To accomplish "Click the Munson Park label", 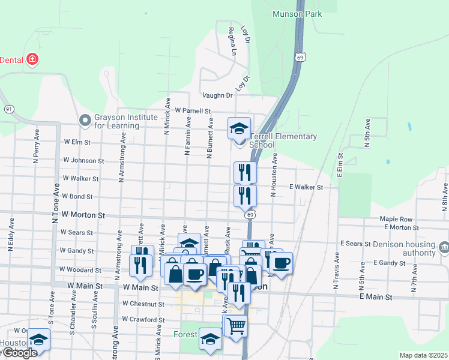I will click(x=297, y=14).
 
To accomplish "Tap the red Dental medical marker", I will click(x=32, y=59).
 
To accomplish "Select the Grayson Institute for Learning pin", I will click(x=85, y=121).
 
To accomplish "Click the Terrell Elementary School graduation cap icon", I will click(x=239, y=127).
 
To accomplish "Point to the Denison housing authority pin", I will click(x=444, y=246).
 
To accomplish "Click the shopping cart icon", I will click(x=236, y=326).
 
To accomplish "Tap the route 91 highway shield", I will click(x=8, y=109).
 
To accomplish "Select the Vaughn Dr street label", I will click(x=217, y=95).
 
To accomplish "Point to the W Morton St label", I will click(x=84, y=215).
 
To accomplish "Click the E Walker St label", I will click(x=306, y=187).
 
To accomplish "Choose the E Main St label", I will click(x=376, y=297).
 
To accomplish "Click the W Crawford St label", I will click(x=143, y=320).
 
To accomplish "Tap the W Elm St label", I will click(x=76, y=143).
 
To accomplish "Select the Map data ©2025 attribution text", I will click(x=423, y=355).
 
